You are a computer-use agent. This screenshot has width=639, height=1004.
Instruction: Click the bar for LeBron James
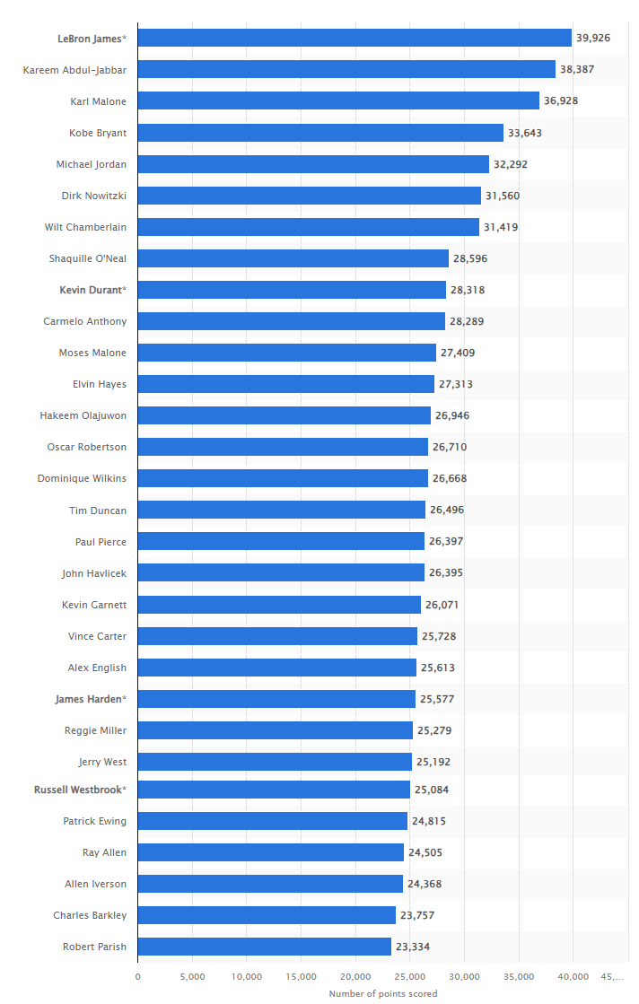355,38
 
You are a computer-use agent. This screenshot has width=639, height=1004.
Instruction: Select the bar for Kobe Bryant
320,133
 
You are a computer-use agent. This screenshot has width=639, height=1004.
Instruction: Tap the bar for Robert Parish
265,947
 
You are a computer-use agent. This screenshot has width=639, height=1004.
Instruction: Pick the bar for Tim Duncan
282,510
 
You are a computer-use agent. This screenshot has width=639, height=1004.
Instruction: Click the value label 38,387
577,69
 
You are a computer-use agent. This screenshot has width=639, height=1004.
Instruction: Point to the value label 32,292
511,164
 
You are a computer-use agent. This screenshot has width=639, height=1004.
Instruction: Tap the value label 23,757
417,915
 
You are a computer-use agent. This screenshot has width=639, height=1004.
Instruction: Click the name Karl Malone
98,101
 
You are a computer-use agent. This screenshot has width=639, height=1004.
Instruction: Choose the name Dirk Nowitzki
94,196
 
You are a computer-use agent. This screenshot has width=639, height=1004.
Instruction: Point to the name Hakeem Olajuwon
83,415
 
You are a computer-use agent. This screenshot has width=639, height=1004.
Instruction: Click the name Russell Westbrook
80,790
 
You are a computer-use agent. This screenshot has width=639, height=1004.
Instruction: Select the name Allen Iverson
95,884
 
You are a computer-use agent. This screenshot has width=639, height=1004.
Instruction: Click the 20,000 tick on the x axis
355,976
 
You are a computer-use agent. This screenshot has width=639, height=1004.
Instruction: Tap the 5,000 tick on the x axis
192,976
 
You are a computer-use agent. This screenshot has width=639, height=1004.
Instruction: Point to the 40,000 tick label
573,976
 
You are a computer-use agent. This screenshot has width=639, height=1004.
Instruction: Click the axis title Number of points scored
383,993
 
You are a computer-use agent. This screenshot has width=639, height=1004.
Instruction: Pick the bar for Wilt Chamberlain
309,227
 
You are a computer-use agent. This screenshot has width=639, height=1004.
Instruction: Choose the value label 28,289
467,321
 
